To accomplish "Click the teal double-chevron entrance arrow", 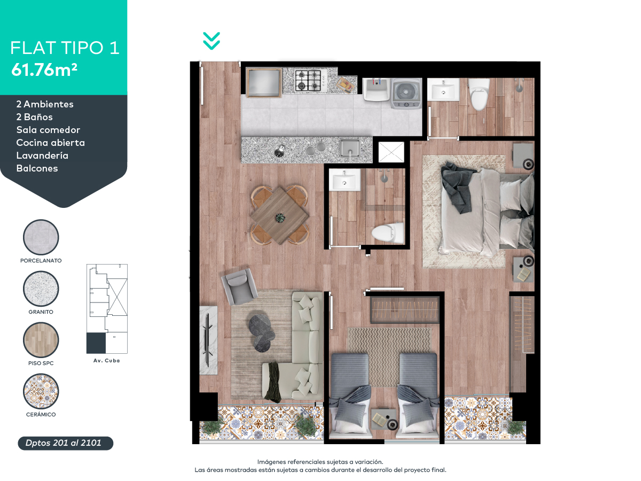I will [x=212, y=41].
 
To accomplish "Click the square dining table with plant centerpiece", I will [x=280, y=214].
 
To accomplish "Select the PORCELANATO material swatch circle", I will [x=41, y=237].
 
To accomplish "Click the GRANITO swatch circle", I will [x=41, y=289].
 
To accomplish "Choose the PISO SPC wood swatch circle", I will [x=41, y=340].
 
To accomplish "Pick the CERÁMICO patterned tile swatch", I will [x=41, y=391].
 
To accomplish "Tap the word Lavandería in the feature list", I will [x=42, y=156].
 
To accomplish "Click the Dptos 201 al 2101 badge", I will [x=66, y=443].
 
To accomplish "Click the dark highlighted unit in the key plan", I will [x=96, y=343].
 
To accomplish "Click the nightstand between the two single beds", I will [x=383, y=418].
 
